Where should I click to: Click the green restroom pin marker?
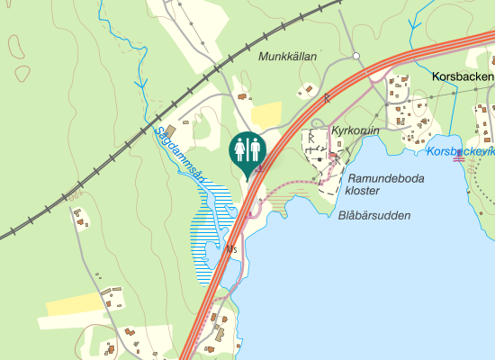(247, 149)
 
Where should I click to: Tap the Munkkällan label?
(288, 57)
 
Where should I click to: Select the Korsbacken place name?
(463, 77)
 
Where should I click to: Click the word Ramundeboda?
(385, 178)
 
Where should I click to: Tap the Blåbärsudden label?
(375, 216)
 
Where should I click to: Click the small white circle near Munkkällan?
(356, 57)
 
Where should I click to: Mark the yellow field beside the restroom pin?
(267, 113)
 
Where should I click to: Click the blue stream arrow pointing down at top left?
(140, 85)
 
